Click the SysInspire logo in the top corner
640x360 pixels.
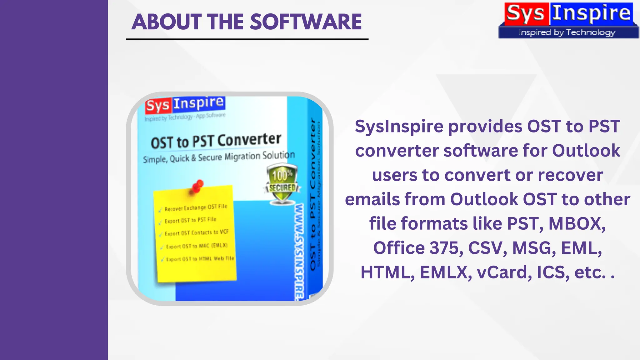coord(568,14)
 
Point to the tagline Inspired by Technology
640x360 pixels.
coord(567,32)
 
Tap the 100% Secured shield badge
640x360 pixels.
coord(282,184)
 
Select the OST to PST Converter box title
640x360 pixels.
coord(216,141)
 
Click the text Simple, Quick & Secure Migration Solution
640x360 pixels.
coord(219,157)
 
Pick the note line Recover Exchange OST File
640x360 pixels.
coord(196,208)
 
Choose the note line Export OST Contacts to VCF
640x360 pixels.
coord(197,233)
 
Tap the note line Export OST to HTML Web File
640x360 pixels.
coord(200,259)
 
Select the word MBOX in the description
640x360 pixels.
coord(577,224)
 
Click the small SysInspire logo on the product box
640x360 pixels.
coord(185,104)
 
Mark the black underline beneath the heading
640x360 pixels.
coord(247,39)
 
